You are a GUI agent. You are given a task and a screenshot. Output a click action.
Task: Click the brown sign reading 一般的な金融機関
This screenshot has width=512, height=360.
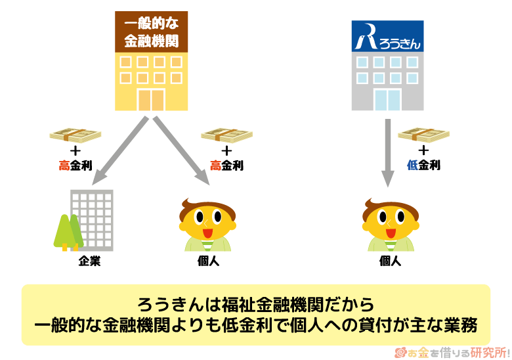[x=152, y=31]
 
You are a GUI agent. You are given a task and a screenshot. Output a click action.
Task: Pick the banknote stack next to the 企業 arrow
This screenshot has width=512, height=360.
[x=76, y=135]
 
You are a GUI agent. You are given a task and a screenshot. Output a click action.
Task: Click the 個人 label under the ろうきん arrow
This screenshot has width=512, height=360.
[x=390, y=261]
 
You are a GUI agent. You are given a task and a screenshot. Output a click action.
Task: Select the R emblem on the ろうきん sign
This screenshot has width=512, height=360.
[x=366, y=38]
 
